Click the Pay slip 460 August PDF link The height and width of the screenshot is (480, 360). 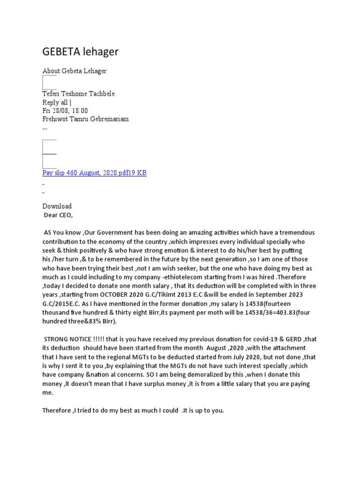click(94, 173)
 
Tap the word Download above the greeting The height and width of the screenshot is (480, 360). click(57, 206)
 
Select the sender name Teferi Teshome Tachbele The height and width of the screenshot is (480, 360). click(78, 94)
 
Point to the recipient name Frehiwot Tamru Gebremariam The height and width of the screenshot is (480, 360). click(85, 119)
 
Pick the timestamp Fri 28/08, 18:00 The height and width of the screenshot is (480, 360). click(65, 111)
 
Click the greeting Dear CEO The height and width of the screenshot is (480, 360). click(59, 216)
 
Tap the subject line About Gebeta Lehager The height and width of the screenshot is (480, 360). click(75, 71)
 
